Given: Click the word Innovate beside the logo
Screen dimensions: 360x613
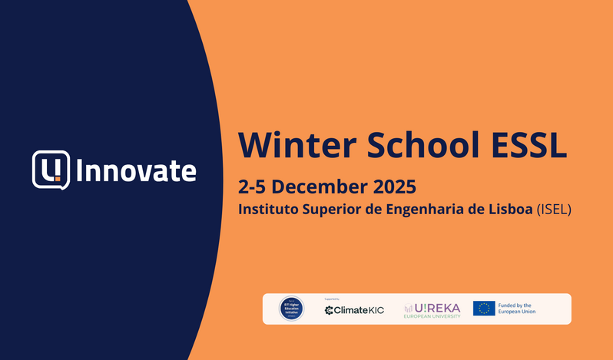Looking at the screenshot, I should tap(135, 170).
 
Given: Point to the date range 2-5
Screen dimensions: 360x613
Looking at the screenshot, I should tap(252, 187).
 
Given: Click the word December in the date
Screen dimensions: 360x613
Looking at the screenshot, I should tap(321, 187).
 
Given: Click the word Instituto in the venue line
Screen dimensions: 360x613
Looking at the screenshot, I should tap(266, 209).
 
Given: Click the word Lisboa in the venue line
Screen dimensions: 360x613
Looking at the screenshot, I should tap(509, 209).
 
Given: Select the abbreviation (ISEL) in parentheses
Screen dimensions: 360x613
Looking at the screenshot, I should tap(555, 209).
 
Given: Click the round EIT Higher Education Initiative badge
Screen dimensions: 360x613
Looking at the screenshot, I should tap(292, 309).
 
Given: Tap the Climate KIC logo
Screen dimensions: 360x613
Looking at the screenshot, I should tap(354, 310).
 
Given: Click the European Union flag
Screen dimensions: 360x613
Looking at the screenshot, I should tap(484, 309).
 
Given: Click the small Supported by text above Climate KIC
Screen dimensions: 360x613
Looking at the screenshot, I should tap(332, 299).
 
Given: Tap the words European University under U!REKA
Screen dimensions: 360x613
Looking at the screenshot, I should tap(432, 315).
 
